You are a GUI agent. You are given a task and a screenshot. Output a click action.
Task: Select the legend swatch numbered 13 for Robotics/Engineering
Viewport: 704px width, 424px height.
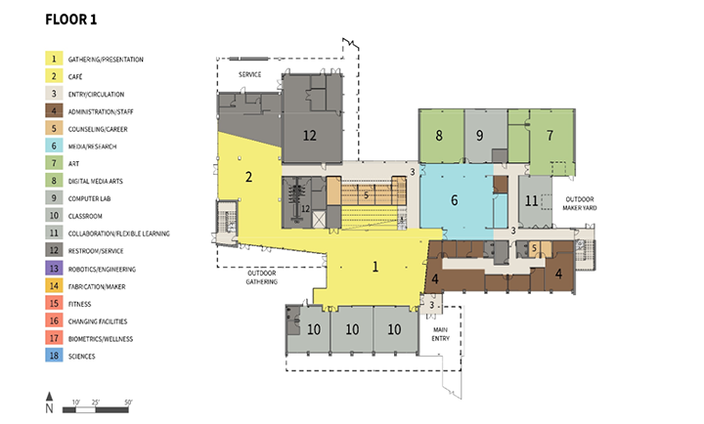(x=54, y=268)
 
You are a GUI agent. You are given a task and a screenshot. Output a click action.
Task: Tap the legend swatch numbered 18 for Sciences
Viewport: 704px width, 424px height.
(x=54, y=357)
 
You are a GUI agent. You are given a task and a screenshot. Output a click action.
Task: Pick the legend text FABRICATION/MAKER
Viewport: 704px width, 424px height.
(x=100, y=286)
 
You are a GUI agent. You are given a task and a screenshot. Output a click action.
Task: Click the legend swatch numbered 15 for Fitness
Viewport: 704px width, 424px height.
(x=54, y=304)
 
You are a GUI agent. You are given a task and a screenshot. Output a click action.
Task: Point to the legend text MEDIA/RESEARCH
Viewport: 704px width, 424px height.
(x=94, y=146)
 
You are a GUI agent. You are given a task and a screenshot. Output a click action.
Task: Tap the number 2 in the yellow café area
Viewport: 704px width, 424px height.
(x=248, y=177)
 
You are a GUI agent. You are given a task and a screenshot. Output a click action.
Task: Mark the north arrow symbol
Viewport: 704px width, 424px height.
(x=49, y=401)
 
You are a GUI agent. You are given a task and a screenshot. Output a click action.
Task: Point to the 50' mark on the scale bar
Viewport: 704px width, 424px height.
(x=128, y=403)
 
